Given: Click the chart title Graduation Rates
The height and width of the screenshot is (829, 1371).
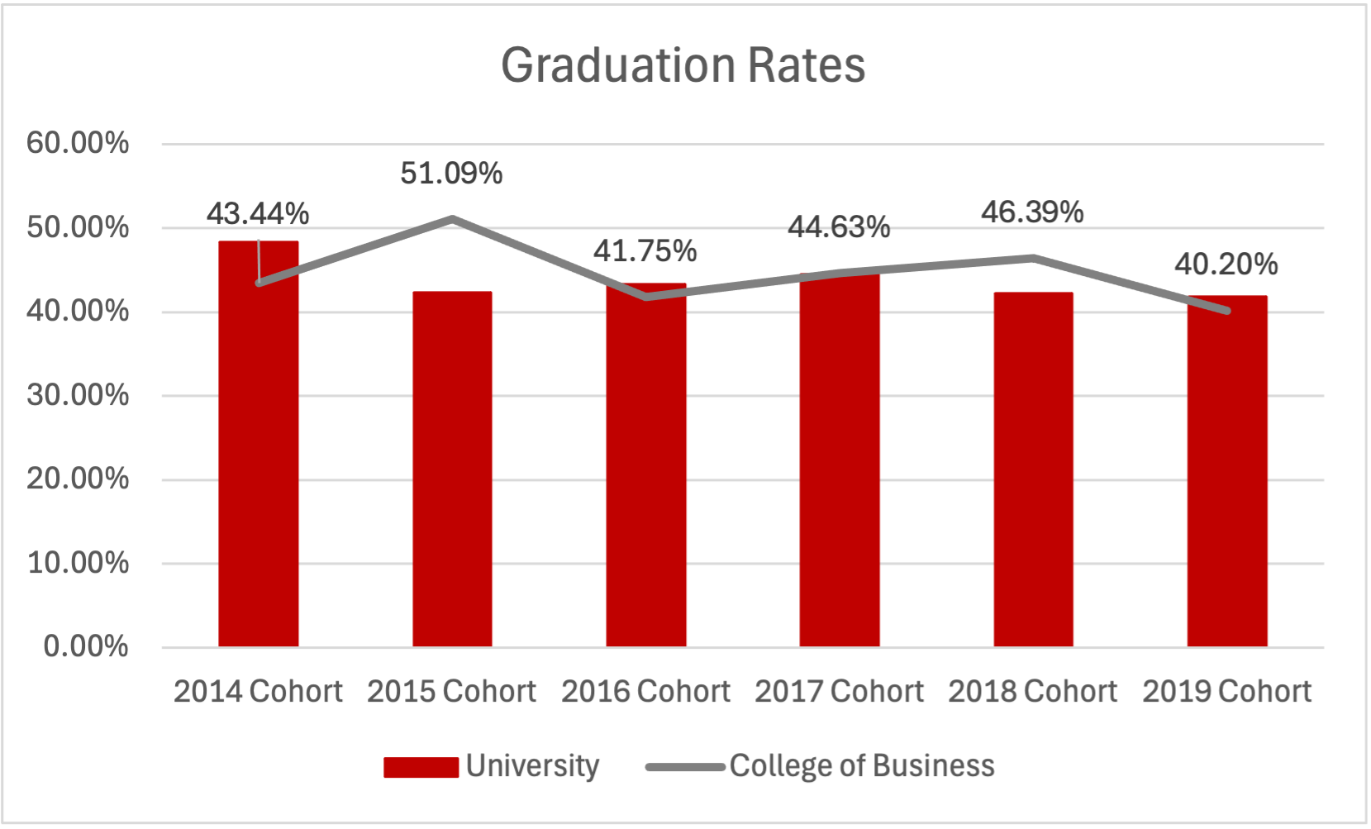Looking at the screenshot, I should pyautogui.click(x=683, y=65).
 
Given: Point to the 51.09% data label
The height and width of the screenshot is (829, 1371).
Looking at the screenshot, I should pyautogui.click(x=451, y=174).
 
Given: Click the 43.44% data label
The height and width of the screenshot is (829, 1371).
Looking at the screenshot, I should pyautogui.click(x=258, y=214).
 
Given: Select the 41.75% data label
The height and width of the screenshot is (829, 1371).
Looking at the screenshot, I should pyautogui.click(x=645, y=251).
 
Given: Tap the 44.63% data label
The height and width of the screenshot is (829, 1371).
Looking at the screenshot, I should pyautogui.click(x=839, y=226).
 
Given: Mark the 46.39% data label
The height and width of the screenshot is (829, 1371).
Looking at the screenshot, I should pyautogui.click(x=1032, y=212).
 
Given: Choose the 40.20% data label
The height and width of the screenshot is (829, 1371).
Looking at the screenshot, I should pyautogui.click(x=1226, y=264).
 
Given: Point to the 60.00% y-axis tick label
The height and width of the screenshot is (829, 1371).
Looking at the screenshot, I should pyautogui.click(x=78, y=143).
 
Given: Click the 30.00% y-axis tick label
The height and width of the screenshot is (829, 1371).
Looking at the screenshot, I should pyautogui.click(x=78, y=395).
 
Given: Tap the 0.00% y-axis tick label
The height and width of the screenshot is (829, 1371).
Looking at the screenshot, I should pyautogui.click(x=86, y=646).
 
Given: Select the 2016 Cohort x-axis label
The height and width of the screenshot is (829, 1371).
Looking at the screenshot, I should pyautogui.click(x=645, y=691).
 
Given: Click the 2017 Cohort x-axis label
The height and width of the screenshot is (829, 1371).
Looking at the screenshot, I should pyautogui.click(x=839, y=691).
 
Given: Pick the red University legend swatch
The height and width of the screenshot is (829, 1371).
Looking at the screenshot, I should pyautogui.click(x=421, y=767).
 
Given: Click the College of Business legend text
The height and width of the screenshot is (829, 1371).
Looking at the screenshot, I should pyautogui.click(x=862, y=766).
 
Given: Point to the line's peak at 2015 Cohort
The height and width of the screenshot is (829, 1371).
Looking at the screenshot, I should pyautogui.click(x=452, y=219).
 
